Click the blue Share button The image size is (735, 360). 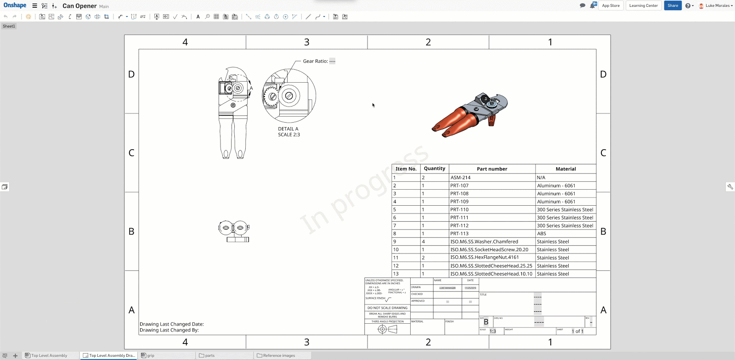click(x=673, y=6)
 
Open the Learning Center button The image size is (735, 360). click(x=643, y=6)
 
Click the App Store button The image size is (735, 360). click(x=611, y=6)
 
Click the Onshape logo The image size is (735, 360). click(x=15, y=6)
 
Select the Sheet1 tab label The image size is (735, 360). click(x=9, y=26)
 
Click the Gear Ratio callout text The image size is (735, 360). click(x=315, y=61)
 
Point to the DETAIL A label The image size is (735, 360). click(x=288, y=129)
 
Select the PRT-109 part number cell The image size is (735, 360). click(x=459, y=202)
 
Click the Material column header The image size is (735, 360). click(x=565, y=169)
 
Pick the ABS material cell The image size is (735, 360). click(x=542, y=234)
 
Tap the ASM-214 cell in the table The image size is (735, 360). click(x=460, y=178)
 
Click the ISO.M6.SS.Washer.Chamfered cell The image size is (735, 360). click(x=484, y=242)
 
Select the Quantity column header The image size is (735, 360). click(x=434, y=169)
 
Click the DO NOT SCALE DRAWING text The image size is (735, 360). click(x=387, y=308)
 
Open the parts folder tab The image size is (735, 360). click(x=209, y=355)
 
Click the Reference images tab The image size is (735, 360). click(x=279, y=355)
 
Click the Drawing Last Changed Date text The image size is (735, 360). click(x=171, y=324)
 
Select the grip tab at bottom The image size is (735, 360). click(x=151, y=355)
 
